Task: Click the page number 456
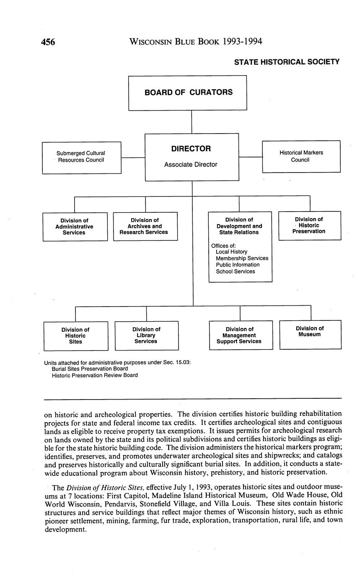click(x=48, y=42)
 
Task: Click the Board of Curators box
click(x=187, y=93)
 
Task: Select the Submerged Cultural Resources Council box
click(x=82, y=157)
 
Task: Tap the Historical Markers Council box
click(x=301, y=156)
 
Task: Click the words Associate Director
click(x=191, y=165)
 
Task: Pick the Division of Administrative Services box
click(x=75, y=227)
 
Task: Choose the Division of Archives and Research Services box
click(x=145, y=226)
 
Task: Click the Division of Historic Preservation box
click(x=309, y=225)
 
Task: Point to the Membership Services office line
click(x=242, y=258)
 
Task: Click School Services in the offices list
click(x=235, y=271)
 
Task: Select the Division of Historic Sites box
click(x=75, y=335)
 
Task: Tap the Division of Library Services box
click(x=146, y=335)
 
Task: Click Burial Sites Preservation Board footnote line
click(x=90, y=369)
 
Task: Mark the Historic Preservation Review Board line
click(x=95, y=375)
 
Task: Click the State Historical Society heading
click(x=287, y=62)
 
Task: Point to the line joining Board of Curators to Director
click(x=192, y=122)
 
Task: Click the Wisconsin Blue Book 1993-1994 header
click(x=196, y=41)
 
